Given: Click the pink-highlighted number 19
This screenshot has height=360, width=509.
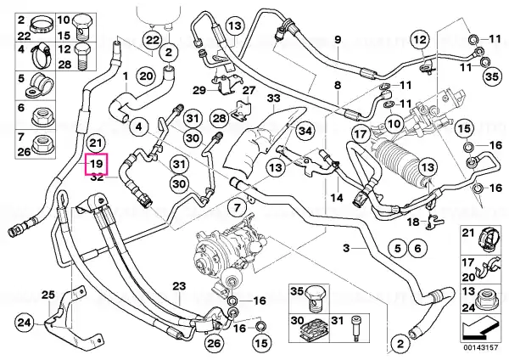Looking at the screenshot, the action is (x=97, y=163).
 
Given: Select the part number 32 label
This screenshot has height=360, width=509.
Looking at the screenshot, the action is (x=97, y=177).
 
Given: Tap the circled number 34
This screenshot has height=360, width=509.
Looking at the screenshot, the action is (x=305, y=131).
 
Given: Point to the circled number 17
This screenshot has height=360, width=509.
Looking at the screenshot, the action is (x=361, y=134).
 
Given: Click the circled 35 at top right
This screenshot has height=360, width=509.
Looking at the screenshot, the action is (x=492, y=76).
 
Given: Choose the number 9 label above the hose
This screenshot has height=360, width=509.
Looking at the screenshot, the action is (x=338, y=40).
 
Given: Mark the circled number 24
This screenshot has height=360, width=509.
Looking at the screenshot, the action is (x=25, y=323).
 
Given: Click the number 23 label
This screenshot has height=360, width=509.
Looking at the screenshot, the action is (x=179, y=286).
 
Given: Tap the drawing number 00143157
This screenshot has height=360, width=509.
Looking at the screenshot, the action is (x=480, y=347).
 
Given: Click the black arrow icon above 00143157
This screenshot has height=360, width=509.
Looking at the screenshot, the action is (x=480, y=331).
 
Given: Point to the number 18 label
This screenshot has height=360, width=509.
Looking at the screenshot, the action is (x=413, y=222).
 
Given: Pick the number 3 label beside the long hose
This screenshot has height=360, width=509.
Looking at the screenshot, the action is (x=347, y=248).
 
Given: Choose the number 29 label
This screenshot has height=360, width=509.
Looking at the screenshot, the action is (x=199, y=90).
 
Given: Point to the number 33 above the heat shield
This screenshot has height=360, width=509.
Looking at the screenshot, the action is (x=274, y=98).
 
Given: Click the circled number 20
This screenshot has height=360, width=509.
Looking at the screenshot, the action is (x=146, y=76).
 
